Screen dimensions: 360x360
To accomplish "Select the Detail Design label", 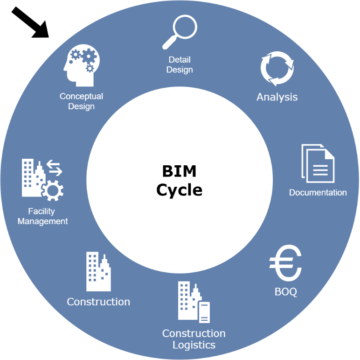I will tap(180, 65).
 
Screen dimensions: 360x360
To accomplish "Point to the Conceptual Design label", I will tap(81, 101).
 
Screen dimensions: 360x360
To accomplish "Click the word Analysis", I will tap(277, 97).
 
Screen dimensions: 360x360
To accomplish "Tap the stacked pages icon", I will tap(318, 163).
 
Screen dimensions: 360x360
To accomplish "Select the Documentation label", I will tap(318, 192).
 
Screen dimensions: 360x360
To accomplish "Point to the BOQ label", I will tap(286, 292).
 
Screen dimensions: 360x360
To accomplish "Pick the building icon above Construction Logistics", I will tap(194, 302).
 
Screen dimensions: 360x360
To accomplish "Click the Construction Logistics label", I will tap(194, 339).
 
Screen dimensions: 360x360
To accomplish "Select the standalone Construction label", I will tap(98, 302).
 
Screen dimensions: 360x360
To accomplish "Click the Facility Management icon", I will tap(42, 179).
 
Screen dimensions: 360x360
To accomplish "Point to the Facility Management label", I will tap(42, 217).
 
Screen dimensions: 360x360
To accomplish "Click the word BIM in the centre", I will tap(179, 171).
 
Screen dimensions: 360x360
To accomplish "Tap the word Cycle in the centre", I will tap(179, 190).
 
